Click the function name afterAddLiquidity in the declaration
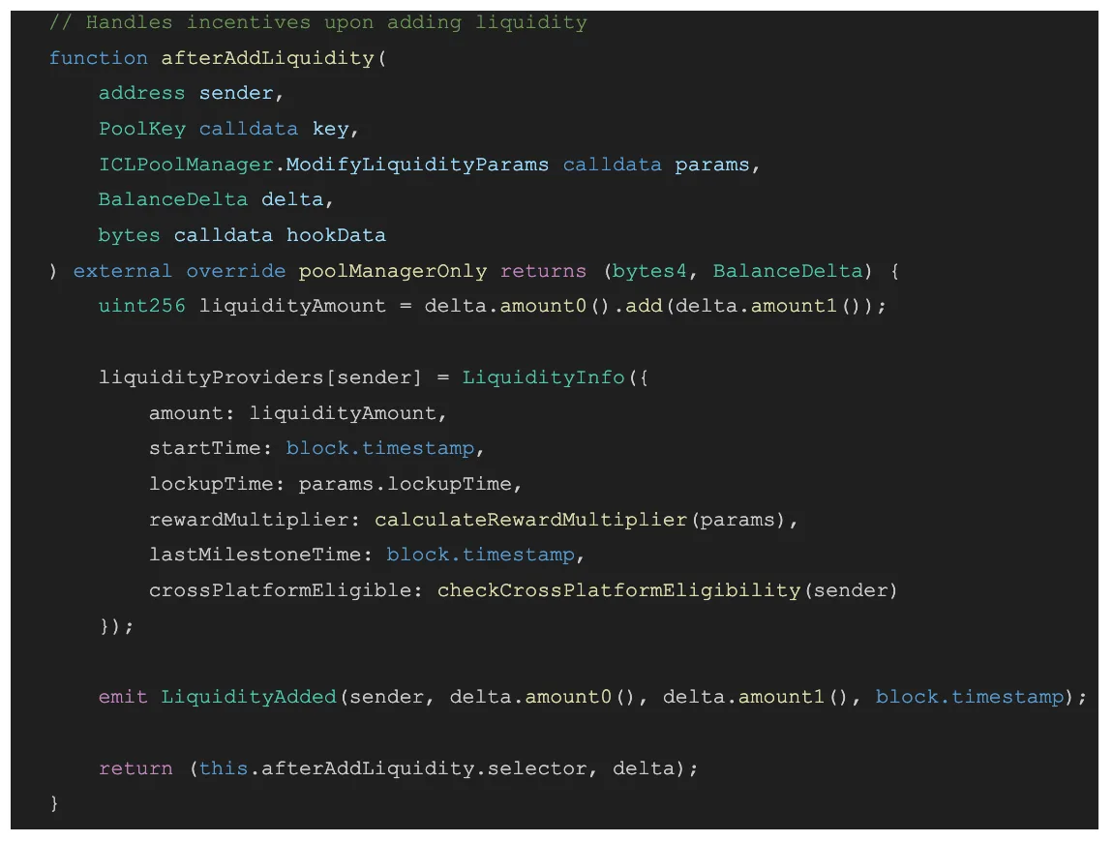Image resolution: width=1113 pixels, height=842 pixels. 267,58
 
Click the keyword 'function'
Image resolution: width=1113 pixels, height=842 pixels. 99,58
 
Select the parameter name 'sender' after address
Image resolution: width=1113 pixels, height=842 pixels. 236,93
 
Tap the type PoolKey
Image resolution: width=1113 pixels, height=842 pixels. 142,130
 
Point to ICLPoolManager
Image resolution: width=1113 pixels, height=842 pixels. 186,165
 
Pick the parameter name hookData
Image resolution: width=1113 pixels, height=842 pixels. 336,236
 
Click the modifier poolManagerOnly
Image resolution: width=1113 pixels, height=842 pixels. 393,271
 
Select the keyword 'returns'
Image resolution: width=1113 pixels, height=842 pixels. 543,271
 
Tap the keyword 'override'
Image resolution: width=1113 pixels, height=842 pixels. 235,271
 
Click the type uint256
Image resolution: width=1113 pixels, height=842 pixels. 142,306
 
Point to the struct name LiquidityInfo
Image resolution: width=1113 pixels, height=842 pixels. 543,377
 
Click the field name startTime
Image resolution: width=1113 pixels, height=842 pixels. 204,449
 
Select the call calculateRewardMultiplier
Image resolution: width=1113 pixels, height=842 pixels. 531,520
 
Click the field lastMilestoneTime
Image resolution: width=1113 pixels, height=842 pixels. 255,556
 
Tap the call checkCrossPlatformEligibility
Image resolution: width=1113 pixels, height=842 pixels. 619,590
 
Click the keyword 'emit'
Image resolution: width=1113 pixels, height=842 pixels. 123,697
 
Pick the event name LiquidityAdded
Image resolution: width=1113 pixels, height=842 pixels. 249,697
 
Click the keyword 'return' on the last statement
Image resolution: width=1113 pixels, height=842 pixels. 135,768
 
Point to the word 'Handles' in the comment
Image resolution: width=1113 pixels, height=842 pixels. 129,22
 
